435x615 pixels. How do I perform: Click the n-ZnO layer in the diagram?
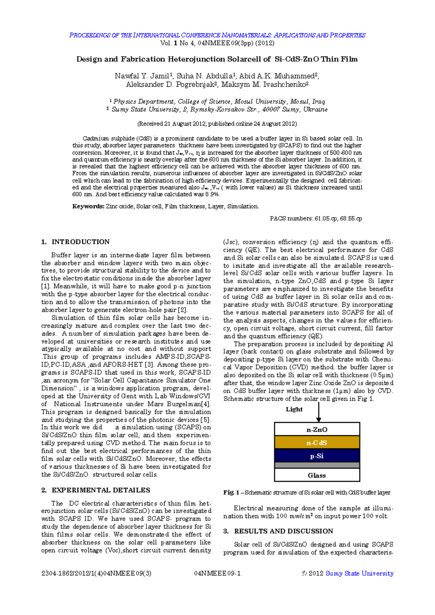click(x=317, y=429)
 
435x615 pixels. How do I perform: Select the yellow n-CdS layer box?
click(x=317, y=443)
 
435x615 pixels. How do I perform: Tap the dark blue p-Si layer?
click(x=317, y=456)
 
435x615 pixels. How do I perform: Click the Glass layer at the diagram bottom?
click(x=317, y=475)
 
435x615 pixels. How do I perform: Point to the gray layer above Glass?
click(x=317, y=465)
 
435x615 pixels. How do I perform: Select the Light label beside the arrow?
click(x=294, y=409)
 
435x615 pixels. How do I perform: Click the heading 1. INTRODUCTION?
click(x=75, y=242)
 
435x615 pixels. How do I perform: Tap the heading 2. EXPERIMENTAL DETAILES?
click(x=96, y=490)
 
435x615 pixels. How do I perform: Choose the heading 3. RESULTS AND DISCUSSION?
click(x=278, y=531)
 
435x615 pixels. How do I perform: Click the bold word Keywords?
click(x=88, y=206)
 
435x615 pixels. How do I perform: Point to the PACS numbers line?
click(x=316, y=218)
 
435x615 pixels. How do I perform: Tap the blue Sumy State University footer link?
click(x=359, y=573)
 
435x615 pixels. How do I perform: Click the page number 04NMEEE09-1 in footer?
click(x=217, y=573)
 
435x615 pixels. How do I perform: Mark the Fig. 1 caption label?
click(x=231, y=492)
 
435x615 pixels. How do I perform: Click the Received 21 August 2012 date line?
click(x=217, y=124)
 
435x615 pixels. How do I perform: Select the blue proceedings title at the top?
click(x=217, y=35)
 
